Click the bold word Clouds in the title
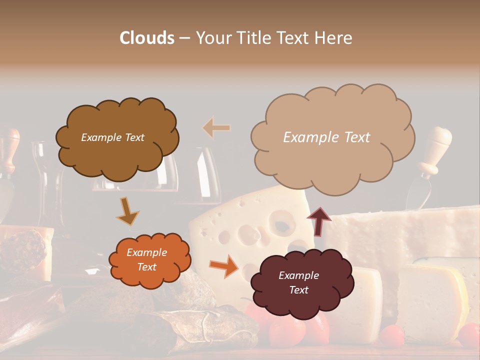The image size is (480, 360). point(146,38)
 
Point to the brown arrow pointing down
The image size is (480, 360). point(127,211)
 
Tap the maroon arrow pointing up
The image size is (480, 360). point(319,220)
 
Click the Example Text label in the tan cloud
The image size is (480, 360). point(326,137)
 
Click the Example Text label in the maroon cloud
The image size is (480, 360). point(298,282)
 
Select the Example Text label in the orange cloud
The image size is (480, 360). point(146,260)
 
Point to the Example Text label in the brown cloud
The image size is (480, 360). point(112,137)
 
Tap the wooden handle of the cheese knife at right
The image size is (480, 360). point(436,145)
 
